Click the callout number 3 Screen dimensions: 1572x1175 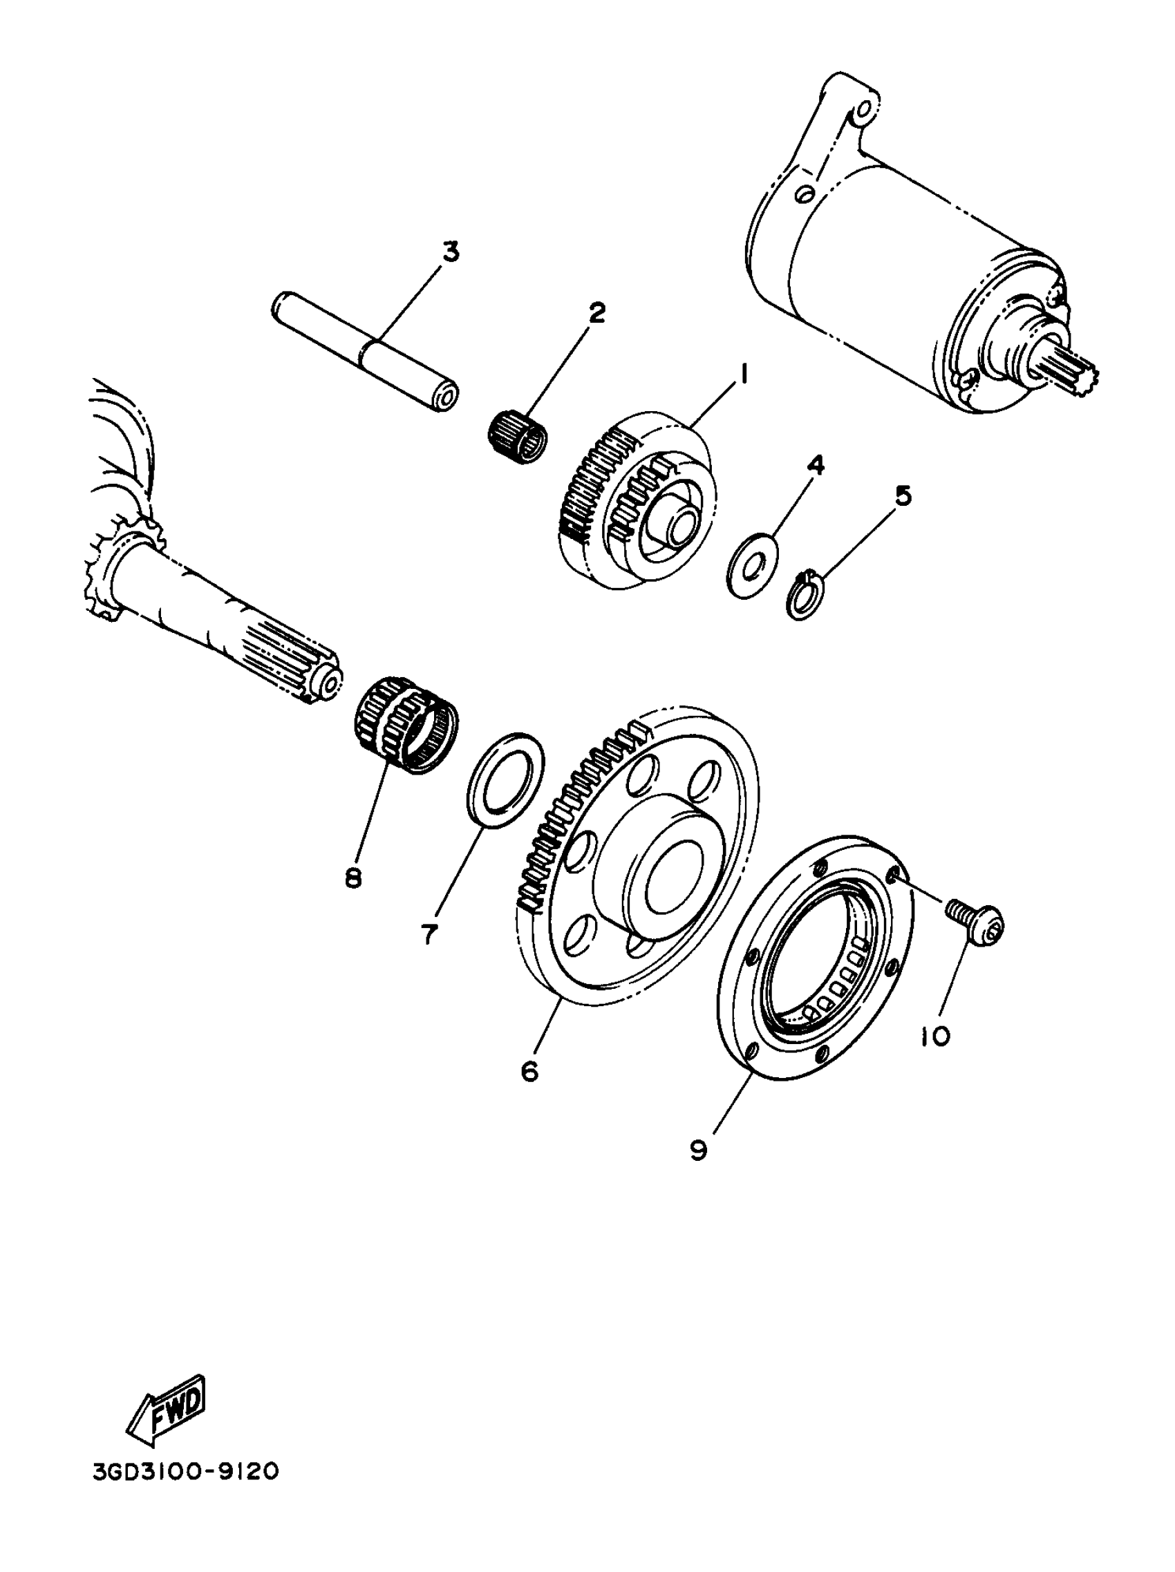[x=451, y=252]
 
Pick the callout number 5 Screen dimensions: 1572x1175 [x=901, y=495]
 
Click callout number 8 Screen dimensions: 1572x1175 [x=352, y=878]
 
